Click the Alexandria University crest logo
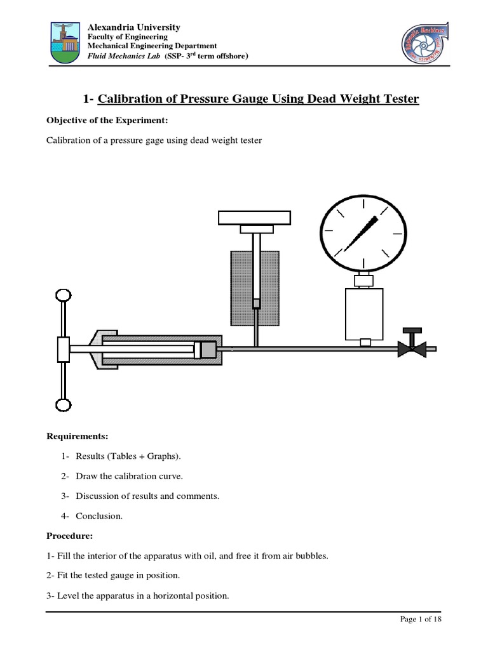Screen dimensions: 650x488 [x=65, y=44]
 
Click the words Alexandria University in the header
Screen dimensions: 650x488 [x=133, y=27]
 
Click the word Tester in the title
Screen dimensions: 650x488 [x=396, y=98]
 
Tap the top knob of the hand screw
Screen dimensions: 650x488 [x=64, y=296]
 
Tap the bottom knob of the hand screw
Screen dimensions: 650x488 [x=64, y=404]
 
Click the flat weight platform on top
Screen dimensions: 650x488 [x=255, y=218]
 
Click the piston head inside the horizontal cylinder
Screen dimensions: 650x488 [x=205, y=349]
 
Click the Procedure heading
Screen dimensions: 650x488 [x=70, y=536]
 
